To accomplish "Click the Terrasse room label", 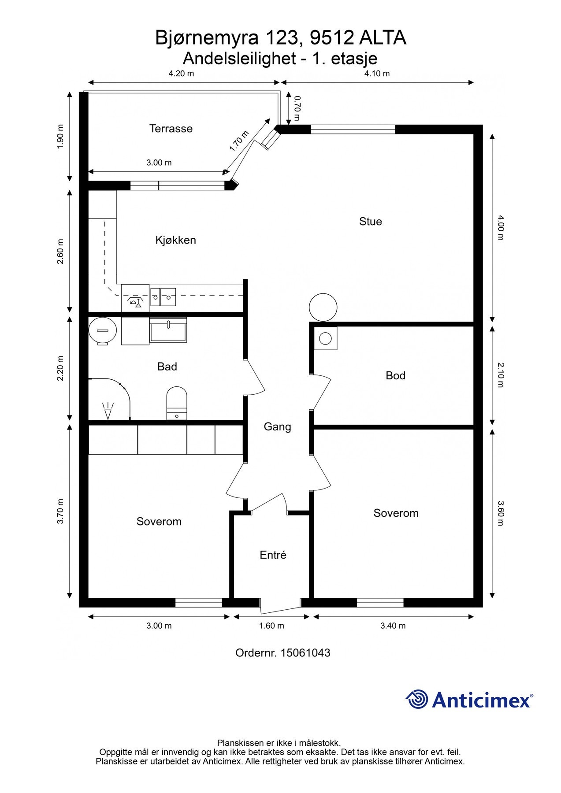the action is click(x=171, y=129).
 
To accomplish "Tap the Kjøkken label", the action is click(x=175, y=240).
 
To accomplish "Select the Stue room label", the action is click(x=370, y=221).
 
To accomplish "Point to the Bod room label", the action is click(x=395, y=375).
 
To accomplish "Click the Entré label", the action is click(x=273, y=555).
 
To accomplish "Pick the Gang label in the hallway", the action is click(x=277, y=427).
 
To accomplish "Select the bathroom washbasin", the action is click(x=168, y=330).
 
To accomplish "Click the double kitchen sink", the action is click(x=163, y=297).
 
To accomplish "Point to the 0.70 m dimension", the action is click(x=297, y=108).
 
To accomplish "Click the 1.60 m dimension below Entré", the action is click(x=271, y=626).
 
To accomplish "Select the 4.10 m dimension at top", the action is click(x=377, y=74).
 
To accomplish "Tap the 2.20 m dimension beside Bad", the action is click(x=60, y=368).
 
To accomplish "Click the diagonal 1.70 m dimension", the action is click(x=239, y=141).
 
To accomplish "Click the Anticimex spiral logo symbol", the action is click(x=416, y=699).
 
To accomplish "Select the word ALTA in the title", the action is click(x=383, y=38).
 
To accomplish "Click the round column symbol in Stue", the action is click(x=323, y=308).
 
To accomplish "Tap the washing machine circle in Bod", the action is click(x=326, y=338).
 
